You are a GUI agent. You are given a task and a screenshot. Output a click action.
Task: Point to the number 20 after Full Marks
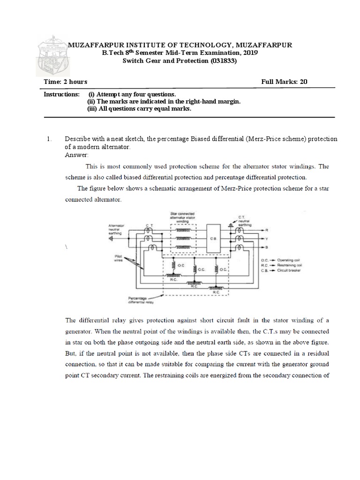point(303,82)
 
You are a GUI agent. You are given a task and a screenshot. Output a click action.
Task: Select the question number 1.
point(48,140)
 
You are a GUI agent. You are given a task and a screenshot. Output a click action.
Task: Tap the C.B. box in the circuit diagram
point(213,238)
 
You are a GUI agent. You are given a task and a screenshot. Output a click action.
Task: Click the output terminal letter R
point(267,230)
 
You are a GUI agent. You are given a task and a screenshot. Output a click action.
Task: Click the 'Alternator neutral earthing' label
point(116,227)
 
